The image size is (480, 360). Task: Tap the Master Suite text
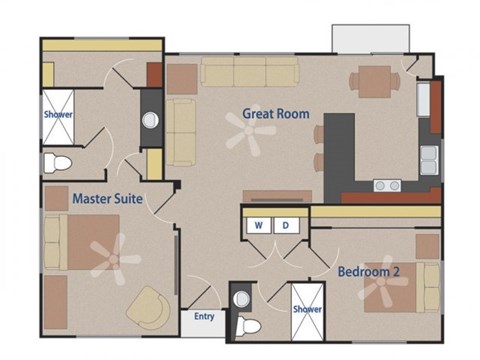click(x=107, y=199)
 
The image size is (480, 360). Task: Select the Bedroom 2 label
click(x=369, y=271)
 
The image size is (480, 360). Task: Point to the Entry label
click(x=204, y=317)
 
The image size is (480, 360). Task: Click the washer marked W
click(x=259, y=226)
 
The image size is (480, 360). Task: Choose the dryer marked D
click(x=284, y=226)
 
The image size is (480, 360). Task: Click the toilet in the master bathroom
click(x=57, y=162)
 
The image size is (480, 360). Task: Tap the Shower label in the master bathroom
click(x=57, y=114)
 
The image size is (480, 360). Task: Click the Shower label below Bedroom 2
click(x=307, y=310)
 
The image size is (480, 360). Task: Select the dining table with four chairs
click(x=377, y=79)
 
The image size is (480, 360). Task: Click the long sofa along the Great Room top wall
click(x=249, y=71)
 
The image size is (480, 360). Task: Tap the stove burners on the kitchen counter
click(x=387, y=185)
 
